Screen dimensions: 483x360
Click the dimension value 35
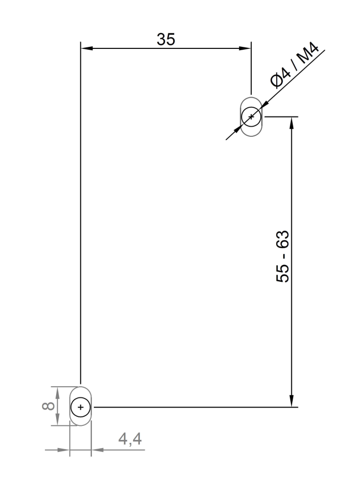[x=165, y=40]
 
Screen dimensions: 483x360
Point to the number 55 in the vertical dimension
[x=283, y=272]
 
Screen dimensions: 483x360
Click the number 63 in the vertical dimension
[x=283, y=240]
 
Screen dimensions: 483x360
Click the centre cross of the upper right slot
[x=251, y=117]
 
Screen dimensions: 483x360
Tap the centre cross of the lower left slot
[x=80, y=408]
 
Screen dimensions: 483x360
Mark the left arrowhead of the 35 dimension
[x=86, y=48]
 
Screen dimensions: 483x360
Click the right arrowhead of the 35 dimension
[x=245, y=48]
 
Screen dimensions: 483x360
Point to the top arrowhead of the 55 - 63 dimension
[x=291, y=122]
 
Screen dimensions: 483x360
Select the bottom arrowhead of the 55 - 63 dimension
[x=291, y=401]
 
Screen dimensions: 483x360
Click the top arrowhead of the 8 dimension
[x=58, y=392]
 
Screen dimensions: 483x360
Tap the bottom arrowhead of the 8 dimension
[x=58, y=421]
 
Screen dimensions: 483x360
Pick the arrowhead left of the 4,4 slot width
[x=64, y=450]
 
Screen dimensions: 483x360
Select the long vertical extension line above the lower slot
[x=80, y=218]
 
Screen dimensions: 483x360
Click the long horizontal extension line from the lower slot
[x=194, y=408]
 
